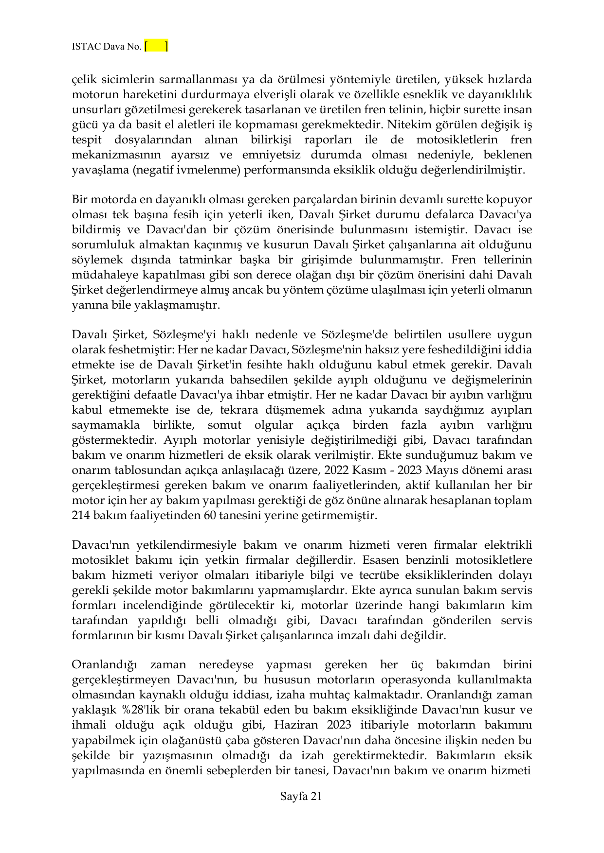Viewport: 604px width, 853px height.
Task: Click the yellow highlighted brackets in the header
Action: [x=156, y=46]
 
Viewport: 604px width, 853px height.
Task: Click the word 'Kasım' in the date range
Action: [x=366, y=470]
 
